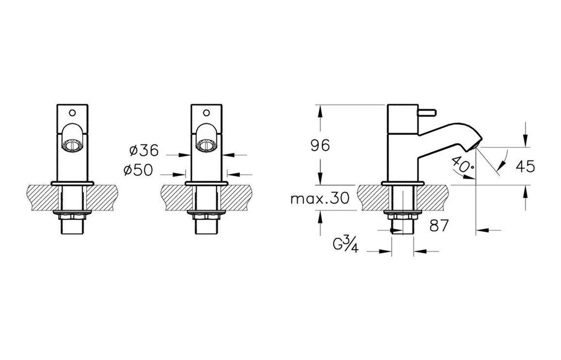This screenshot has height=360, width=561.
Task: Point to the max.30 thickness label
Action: click(x=319, y=198)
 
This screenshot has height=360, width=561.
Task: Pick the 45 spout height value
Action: click(x=525, y=166)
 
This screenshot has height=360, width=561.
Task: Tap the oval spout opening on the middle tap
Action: click(x=207, y=145)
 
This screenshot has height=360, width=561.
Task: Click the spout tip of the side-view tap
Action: click(x=476, y=145)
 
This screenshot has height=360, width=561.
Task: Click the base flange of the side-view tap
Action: click(x=403, y=183)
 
